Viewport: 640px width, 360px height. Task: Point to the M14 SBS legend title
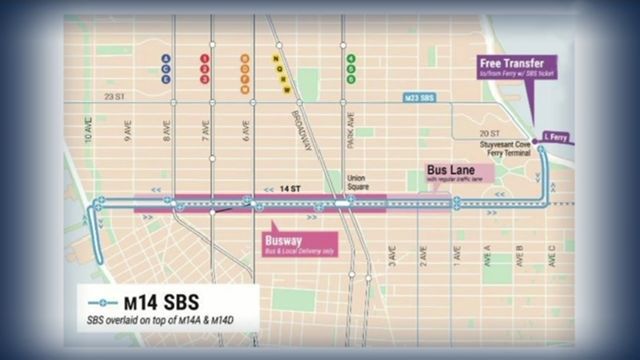click(x=156, y=300)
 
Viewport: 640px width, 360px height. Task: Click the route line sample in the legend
click(x=103, y=300)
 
